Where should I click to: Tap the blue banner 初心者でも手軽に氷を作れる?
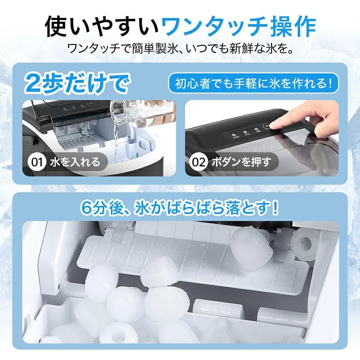coord(254,84)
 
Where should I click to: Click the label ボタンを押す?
coord(241,162)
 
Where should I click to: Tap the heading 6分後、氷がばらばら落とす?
coord(180,208)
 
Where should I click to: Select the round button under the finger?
coord(267,126)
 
